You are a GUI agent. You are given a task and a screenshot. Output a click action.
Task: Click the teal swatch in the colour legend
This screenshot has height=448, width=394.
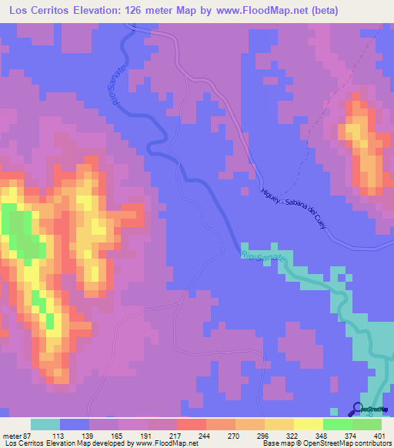coord(45,424)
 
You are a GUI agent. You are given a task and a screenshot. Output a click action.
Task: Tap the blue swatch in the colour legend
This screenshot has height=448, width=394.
coord(75,424)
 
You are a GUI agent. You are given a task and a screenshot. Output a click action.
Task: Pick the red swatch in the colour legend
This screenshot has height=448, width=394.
coord(191,424)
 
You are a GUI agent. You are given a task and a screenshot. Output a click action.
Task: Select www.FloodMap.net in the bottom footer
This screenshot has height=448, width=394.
coord(165,443)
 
